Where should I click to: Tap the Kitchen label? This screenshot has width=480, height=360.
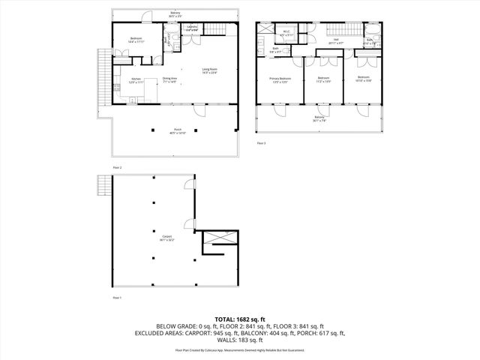click(136, 80)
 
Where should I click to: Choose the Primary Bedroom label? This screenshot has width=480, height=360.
click(280, 79)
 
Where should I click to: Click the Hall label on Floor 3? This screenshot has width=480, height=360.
click(337, 42)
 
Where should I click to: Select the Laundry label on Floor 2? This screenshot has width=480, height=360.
click(193, 28)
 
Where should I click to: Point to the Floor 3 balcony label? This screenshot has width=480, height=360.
click(319, 118)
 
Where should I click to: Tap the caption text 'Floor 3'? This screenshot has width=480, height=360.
click(262, 142)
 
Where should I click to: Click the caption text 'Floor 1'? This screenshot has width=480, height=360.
click(117, 298)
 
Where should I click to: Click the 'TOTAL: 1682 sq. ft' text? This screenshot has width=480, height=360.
click(239, 319)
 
